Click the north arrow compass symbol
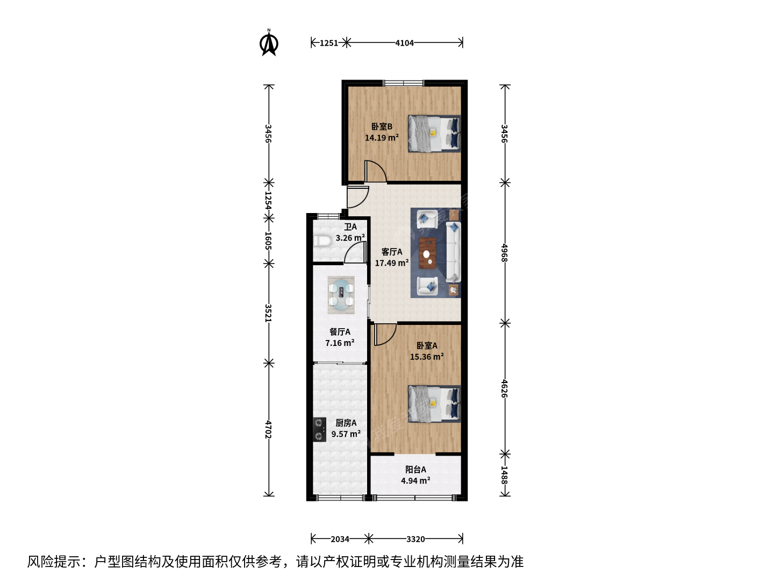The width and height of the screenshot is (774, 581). [269, 43]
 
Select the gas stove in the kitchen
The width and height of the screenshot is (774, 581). [319, 429]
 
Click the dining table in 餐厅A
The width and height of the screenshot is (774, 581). [341, 295]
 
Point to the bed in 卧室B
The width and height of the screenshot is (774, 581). [434, 134]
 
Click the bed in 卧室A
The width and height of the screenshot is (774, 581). [434, 404]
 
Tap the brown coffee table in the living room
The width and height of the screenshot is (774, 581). [427, 253]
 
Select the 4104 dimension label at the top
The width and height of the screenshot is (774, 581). [404, 43]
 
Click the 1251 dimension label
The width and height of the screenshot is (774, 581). [328, 43]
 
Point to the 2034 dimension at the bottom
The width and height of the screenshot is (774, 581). [340, 539]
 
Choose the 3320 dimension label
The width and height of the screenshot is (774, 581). [415, 539]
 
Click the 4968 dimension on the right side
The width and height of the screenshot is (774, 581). [505, 253]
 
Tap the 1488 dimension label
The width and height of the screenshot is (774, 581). [505, 475]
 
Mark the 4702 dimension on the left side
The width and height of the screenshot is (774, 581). [269, 429]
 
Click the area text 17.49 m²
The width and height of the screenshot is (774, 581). [392, 263]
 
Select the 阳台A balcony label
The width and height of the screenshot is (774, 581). [415, 470]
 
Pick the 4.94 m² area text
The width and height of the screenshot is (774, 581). [415, 480]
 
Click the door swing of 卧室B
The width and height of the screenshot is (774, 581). [376, 172]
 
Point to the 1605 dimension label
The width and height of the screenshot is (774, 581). [269, 240]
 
